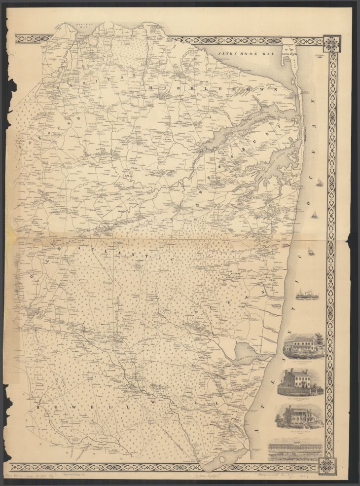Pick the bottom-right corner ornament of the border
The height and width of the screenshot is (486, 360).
(x=327, y=466)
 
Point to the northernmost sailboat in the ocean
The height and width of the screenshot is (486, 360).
(x=320, y=184)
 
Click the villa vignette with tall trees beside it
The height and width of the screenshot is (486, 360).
(x=303, y=346)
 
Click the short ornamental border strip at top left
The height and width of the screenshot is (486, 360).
(x=33, y=38)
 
